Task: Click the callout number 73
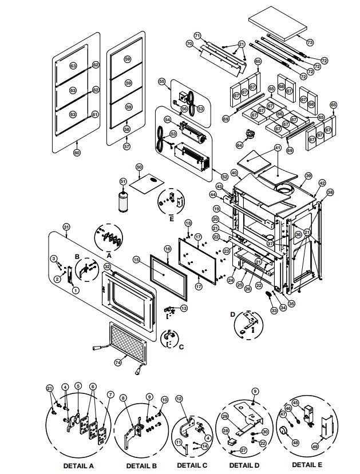(310, 43)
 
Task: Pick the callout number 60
(77, 153)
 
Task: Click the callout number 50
(139, 167)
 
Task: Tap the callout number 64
(240, 145)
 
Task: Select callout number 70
(189, 43)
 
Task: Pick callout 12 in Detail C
(179, 398)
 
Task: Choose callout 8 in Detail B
(124, 397)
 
